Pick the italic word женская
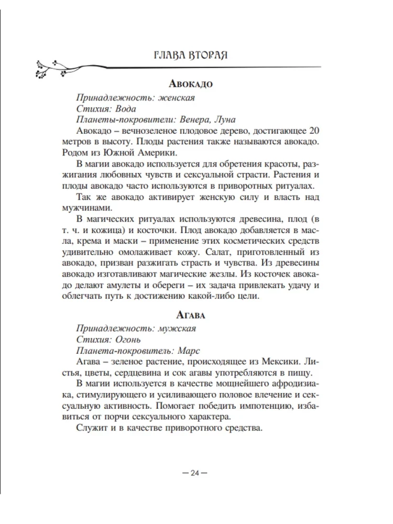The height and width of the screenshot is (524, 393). pyautogui.click(x=177, y=98)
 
